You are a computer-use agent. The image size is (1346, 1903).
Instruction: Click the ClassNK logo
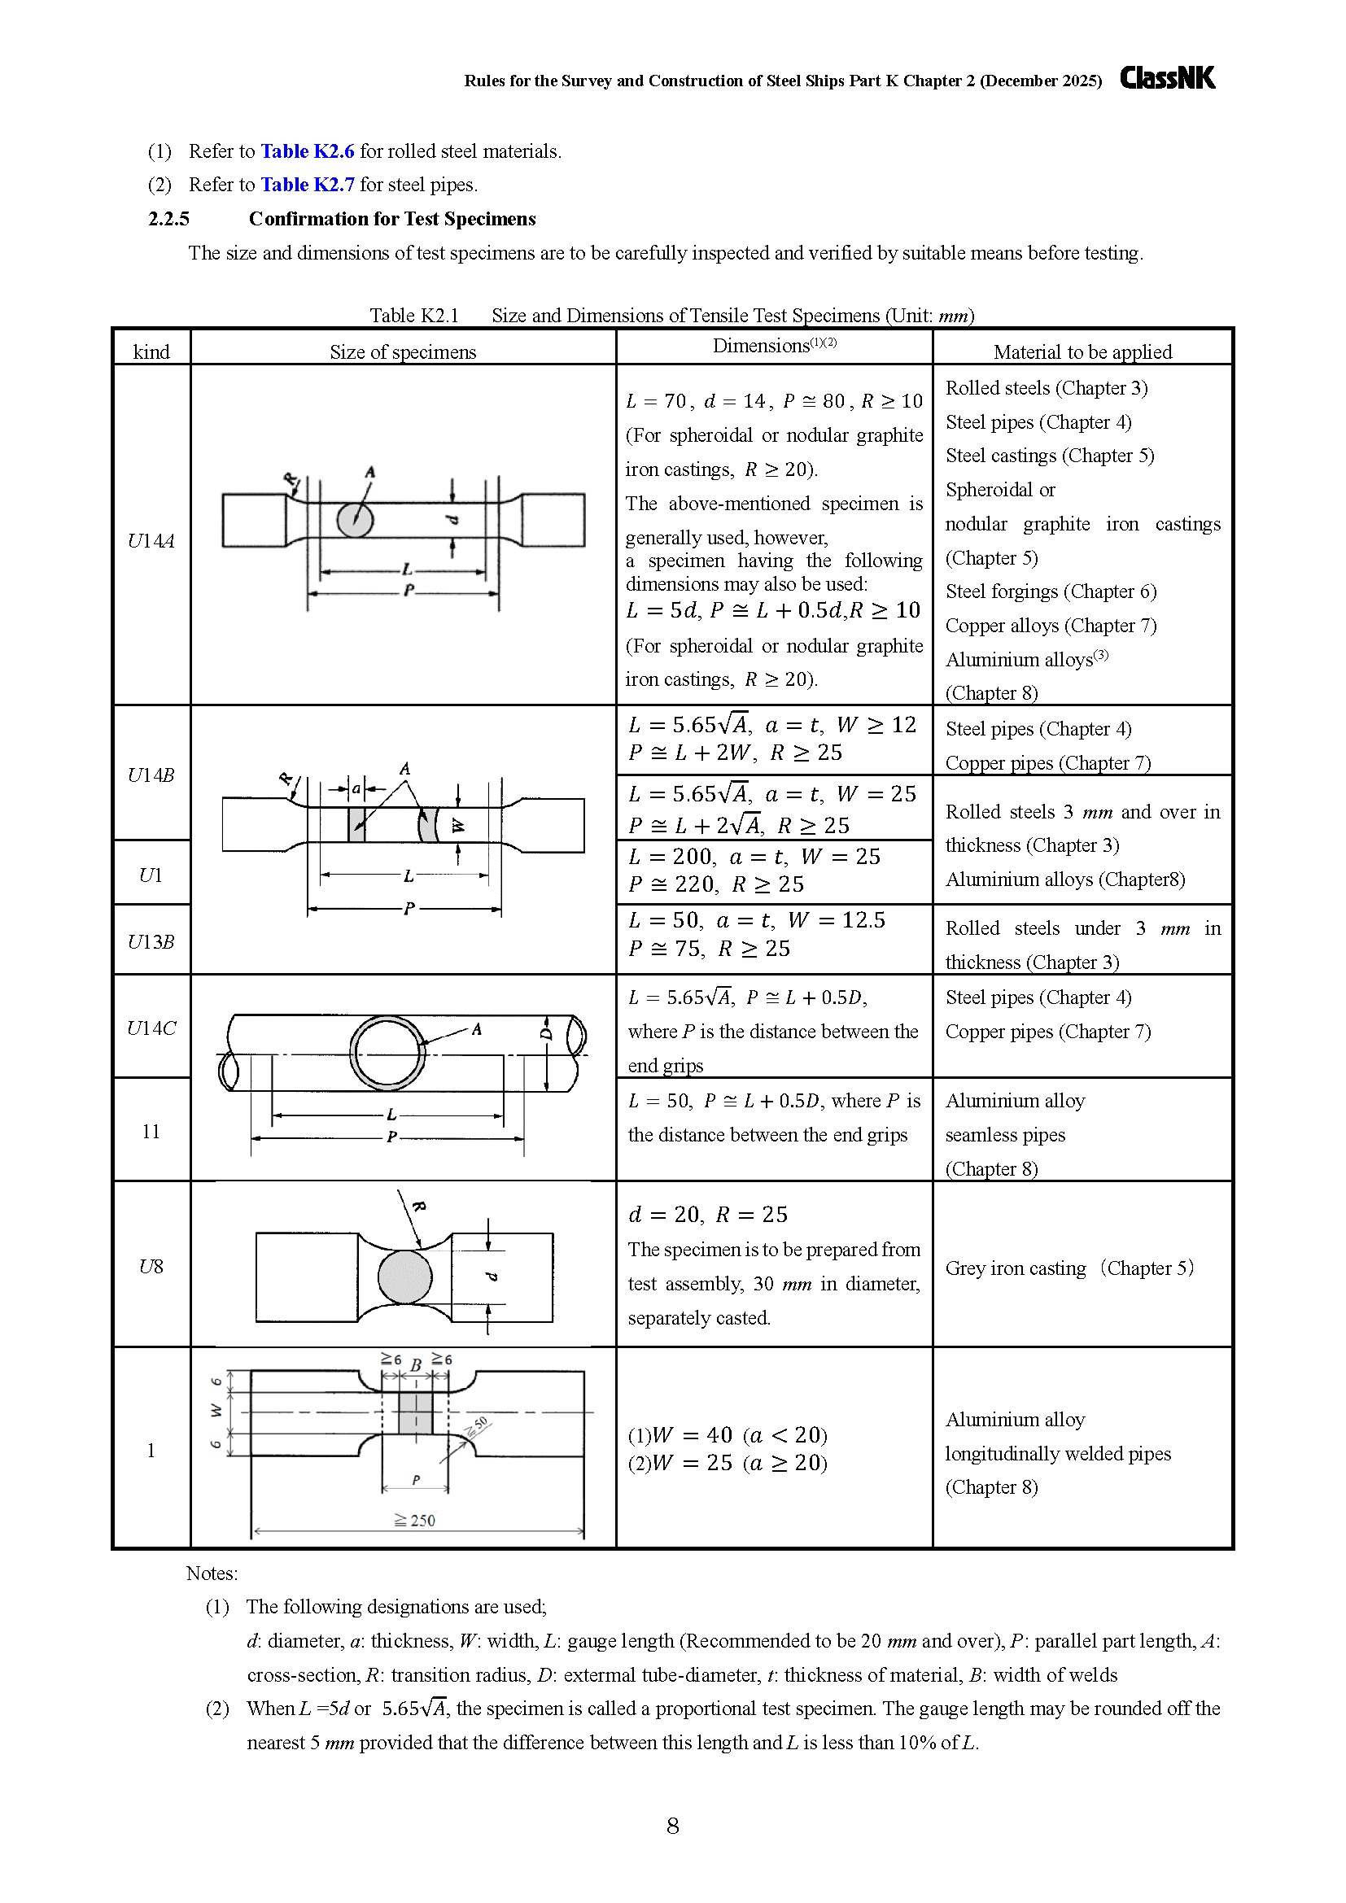[1167, 78]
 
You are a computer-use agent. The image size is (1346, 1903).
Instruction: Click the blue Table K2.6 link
[308, 151]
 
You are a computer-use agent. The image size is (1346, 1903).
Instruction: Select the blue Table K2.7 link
[308, 184]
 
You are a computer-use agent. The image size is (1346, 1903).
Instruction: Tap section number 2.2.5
[169, 219]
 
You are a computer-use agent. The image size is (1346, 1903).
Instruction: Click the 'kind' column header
[151, 351]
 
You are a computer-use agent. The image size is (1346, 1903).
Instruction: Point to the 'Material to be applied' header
[1082, 351]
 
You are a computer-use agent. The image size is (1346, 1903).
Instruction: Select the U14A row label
[151, 540]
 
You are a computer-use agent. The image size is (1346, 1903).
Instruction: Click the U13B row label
[151, 941]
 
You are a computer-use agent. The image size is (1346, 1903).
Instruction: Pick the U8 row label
[151, 1266]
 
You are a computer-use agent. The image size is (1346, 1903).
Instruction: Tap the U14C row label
[151, 1028]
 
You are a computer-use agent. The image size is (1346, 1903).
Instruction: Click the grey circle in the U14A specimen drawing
[355, 520]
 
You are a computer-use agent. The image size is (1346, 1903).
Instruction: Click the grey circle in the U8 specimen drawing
[405, 1277]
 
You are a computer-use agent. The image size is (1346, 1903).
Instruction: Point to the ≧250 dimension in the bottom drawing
[414, 1520]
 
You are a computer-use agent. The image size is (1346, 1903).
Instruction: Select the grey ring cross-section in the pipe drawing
[388, 1016]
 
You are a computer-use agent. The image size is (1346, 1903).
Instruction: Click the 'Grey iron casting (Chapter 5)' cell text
[1069, 1268]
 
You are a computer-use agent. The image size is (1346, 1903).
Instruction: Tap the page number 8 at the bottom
[673, 1826]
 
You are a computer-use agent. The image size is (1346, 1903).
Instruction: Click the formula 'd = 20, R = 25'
[708, 1214]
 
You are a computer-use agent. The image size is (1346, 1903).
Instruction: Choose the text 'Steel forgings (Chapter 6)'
[1051, 591]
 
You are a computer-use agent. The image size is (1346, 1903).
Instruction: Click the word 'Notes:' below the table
[212, 1573]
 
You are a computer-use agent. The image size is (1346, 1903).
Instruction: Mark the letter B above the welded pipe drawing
[416, 1364]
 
